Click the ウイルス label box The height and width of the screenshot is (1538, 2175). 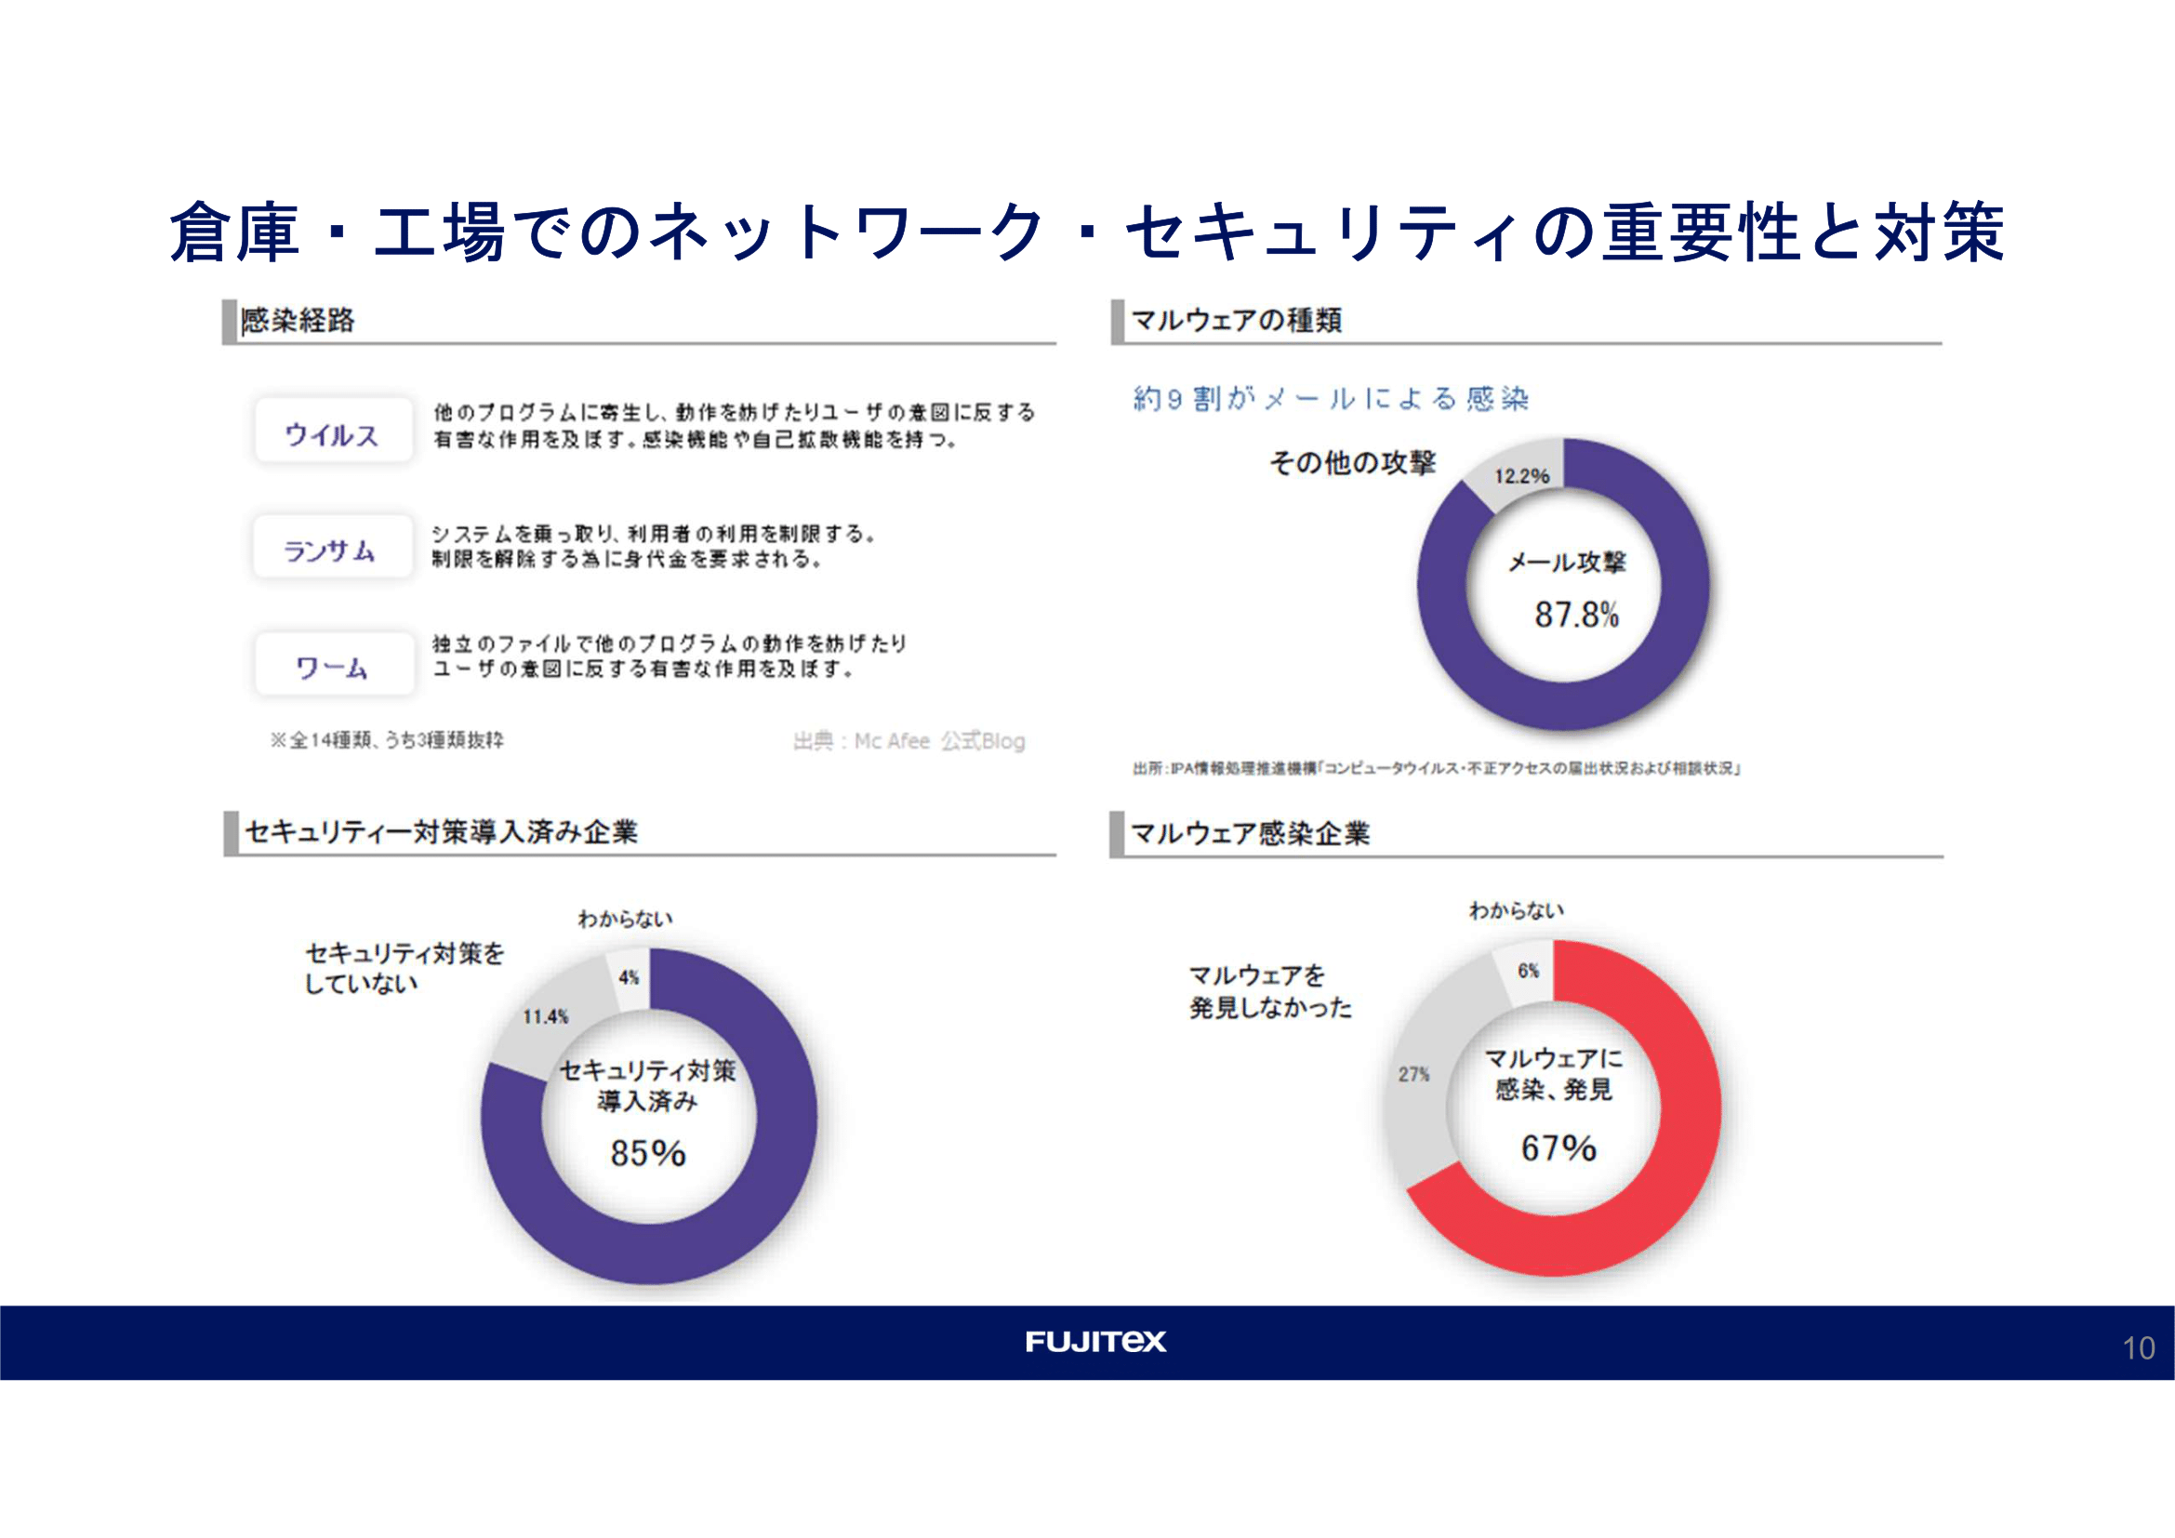[333, 431]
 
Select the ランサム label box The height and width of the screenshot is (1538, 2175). [332, 549]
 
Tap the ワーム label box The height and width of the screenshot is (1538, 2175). [334, 666]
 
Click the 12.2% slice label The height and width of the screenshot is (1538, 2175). [1521, 475]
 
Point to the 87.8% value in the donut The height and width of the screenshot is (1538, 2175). [1576, 615]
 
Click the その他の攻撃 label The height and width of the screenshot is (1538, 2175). [1352, 462]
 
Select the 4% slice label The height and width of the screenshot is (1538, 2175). [629, 977]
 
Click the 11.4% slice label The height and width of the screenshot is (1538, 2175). [546, 1016]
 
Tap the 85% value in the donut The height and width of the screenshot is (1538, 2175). [648, 1152]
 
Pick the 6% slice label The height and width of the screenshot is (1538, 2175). [1528, 971]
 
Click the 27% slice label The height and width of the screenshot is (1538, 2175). [1413, 1074]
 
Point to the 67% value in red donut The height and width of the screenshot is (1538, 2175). [1558, 1147]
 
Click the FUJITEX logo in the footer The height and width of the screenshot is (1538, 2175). [1096, 1341]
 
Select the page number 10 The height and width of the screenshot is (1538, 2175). [2138, 1347]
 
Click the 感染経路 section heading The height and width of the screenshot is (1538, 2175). [298, 320]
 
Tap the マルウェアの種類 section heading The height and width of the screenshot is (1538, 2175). [1236, 320]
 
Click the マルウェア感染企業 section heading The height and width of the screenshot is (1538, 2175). [1251, 833]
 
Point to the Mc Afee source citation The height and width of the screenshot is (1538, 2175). [908, 740]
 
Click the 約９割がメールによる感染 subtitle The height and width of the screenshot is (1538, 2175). [1331, 399]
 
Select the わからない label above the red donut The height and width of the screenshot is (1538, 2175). [1516, 910]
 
